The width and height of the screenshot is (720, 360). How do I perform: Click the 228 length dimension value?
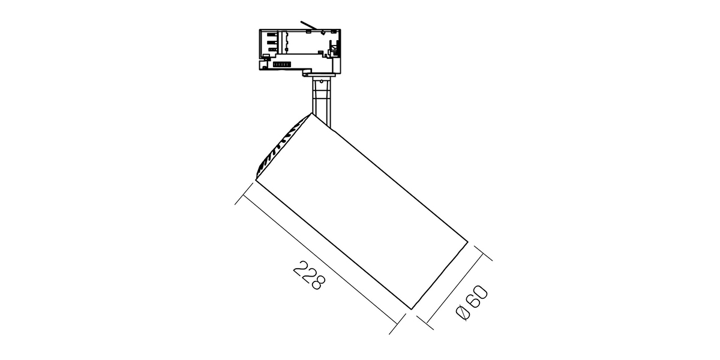(309, 275)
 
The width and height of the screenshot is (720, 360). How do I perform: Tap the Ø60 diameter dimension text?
(472, 302)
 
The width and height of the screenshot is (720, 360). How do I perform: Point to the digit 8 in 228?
(318, 283)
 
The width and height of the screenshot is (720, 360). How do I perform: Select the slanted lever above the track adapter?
(309, 25)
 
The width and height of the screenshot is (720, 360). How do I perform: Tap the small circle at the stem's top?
(321, 81)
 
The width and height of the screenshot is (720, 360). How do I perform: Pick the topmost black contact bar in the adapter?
(272, 34)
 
